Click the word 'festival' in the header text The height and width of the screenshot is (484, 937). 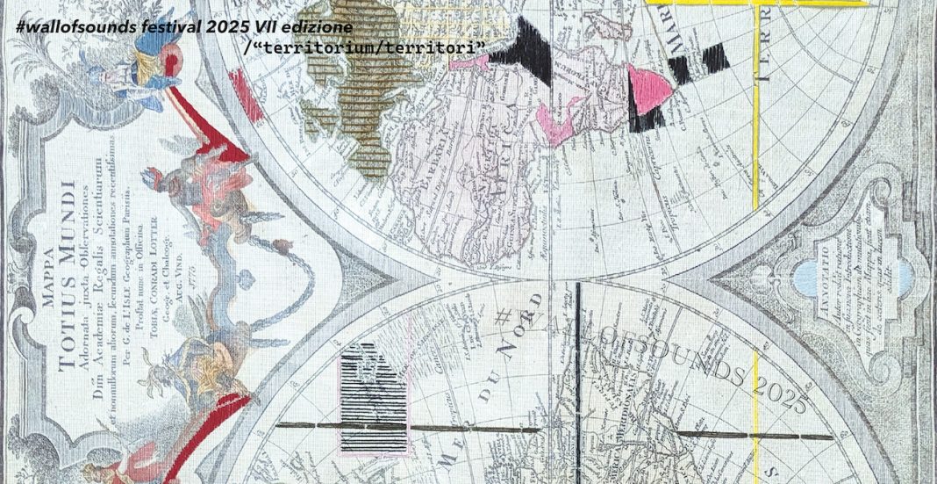pyautogui.click(x=169, y=26)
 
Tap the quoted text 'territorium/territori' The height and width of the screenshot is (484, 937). pyautogui.click(x=369, y=44)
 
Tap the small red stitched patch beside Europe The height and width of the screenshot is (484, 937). pyautogui.click(x=239, y=90)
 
